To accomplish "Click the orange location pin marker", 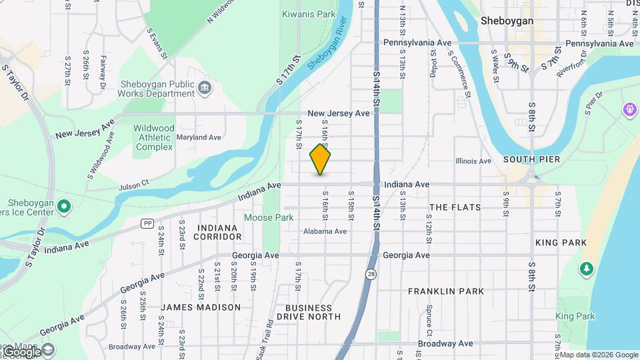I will [x=321, y=160].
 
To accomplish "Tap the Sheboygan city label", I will [x=507, y=21].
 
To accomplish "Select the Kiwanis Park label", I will [x=309, y=14].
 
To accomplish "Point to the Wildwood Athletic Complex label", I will [x=154, y=137].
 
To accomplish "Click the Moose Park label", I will [x=269, y=217].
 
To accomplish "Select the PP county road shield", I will [x=147, y=223].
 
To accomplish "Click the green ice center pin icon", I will [x=64, y=206].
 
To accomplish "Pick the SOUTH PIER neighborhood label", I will [x=531, y=160].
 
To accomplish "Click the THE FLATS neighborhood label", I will [x=455, y=207].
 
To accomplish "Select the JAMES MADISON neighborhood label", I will [x=200, y=307].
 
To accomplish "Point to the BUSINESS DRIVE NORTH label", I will [x=309, y=312].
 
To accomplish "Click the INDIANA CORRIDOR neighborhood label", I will [x=218, y=232].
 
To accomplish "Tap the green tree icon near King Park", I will [x=587, y=269].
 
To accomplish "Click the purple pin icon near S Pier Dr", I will [x=629, y=109].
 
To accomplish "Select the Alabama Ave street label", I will [x=325, y=231].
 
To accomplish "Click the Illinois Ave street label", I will [x=473, y=161].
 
